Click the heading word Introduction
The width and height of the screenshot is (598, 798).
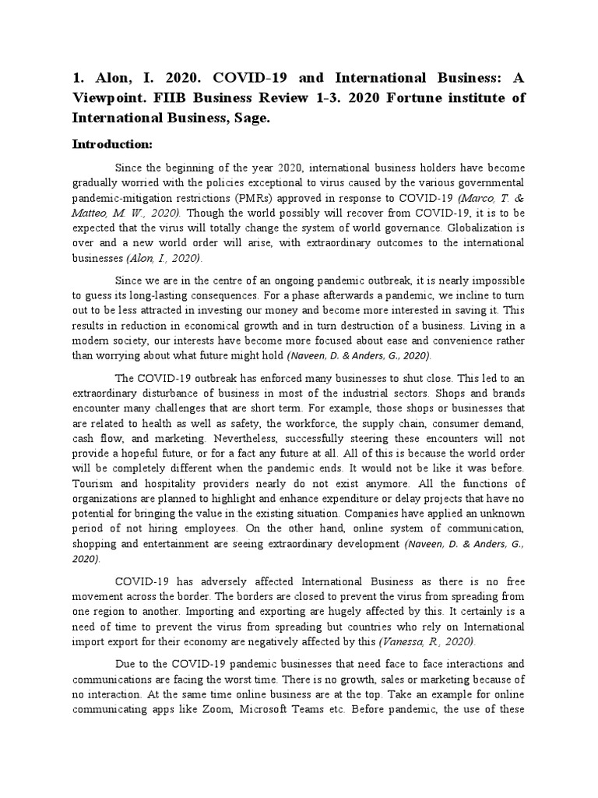tap(123, 144)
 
